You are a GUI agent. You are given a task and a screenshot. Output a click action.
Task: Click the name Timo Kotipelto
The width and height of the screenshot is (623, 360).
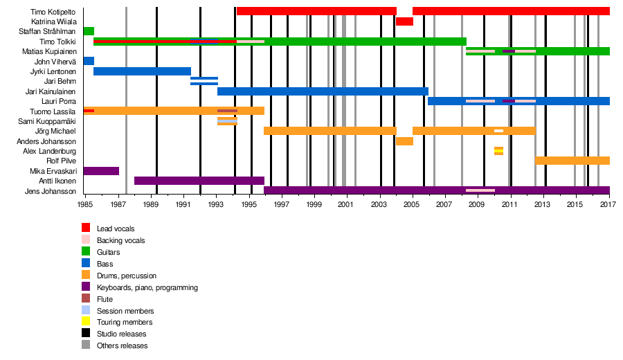click(x=53, y=12)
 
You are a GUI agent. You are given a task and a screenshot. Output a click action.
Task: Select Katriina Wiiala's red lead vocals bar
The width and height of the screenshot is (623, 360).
click(x=404, y=21)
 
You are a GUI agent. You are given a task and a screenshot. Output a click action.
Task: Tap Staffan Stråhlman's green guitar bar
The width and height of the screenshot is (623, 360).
click(x=89, y=31)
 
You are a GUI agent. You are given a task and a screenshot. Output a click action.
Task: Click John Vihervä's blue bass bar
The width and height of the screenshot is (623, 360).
click(x=89, y=61)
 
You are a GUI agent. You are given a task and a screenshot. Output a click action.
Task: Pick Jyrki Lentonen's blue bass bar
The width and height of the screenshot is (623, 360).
click(x=142, y=71)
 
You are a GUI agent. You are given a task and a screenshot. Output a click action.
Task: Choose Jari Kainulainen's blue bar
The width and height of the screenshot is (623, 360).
click(x=323, y=91)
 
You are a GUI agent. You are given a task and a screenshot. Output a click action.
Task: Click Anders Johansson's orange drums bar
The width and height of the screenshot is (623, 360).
click(x=404, y=141)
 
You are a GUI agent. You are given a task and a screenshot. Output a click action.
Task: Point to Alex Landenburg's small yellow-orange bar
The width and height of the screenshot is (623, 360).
click(x=498, y=151)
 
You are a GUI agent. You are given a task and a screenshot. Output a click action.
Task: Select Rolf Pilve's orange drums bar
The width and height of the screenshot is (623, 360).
click(x=572, y=161)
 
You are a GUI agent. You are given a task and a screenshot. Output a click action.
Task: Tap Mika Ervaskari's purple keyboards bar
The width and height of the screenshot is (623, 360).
click(x=101, y=171)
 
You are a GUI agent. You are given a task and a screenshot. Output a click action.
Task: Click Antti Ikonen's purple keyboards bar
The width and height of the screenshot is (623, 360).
click(x=199, y=181)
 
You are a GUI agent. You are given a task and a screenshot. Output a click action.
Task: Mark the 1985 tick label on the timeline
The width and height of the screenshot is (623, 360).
click(x=85, y=206)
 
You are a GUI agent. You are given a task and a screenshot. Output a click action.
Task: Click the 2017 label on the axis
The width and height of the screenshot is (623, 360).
click(x=608, y=206)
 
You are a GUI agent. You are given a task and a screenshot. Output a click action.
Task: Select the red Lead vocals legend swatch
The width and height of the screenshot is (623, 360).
click(x=86, y=228)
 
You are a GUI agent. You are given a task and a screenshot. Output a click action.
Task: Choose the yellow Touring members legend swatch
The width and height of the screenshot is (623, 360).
click(x=86, y=322)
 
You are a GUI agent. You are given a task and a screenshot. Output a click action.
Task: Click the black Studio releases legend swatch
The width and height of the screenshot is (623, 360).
click(x=86, y=334)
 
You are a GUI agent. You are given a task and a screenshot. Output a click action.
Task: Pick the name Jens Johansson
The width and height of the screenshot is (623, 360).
click(x=51, y=191)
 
